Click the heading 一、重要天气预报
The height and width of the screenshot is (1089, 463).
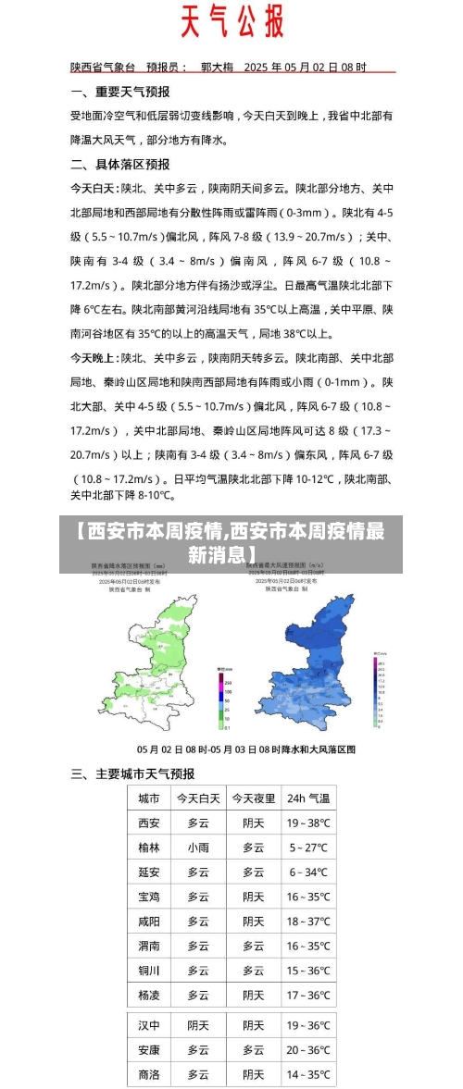120,93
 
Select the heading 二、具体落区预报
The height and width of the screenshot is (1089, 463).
120,164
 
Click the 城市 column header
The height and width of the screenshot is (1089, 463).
148,798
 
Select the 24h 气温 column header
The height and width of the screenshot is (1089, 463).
308,798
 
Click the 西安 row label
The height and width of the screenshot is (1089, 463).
148,823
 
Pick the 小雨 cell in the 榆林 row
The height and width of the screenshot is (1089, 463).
198,847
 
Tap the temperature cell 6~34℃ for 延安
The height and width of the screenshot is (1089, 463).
308,872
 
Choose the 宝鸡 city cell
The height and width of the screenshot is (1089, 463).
148,897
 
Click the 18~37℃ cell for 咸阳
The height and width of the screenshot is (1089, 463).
308,922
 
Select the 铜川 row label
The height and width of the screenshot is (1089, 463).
148,971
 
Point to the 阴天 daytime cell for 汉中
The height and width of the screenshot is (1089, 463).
198,1025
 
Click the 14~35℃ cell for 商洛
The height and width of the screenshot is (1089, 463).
308,1074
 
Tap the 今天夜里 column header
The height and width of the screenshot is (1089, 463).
253,798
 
